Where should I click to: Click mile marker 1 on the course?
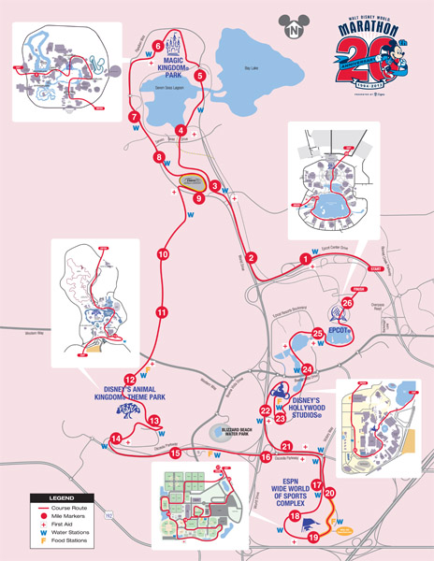(304, 258)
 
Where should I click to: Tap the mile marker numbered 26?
(347, 302)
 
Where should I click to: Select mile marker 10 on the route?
(163, 253)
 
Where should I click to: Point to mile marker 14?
(115, 439)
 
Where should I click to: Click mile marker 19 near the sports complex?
(313, 537)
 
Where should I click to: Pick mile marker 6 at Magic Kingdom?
(158, 46)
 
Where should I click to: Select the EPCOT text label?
(340, 332)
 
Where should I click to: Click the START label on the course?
(377, 269)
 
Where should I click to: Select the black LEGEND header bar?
(52, 497)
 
